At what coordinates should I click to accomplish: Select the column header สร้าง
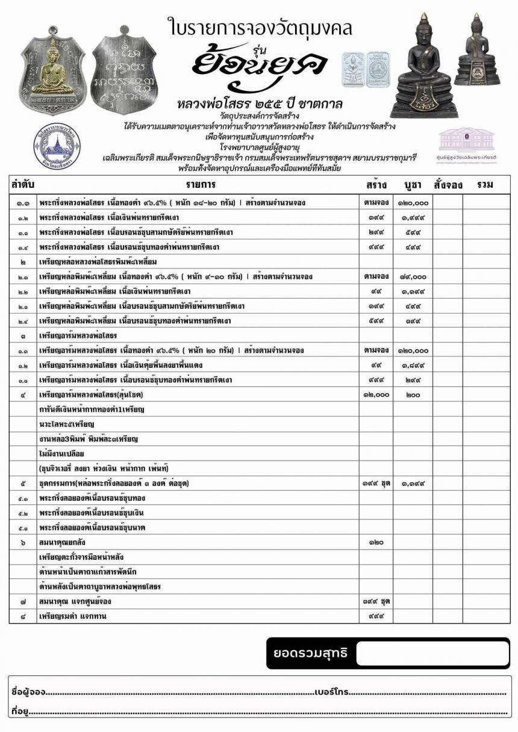[376, 185]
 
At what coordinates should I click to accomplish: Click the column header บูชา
[413, 185]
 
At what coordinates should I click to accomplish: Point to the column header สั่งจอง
[448, 185]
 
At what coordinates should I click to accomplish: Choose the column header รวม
[485, 185]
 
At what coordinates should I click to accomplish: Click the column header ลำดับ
[22, 185]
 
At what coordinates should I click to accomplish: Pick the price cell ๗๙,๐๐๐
[413, 277]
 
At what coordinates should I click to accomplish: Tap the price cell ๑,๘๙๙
[413, 365]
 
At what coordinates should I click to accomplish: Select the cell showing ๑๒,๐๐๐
[376, 395]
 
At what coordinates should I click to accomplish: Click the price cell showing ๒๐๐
[413, 395]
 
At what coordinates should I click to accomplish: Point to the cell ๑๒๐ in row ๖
[376, 542]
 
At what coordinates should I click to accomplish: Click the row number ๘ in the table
[22, 616]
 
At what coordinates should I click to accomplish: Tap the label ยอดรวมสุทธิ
[310, 653]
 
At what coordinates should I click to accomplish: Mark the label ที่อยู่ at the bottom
[20, 712]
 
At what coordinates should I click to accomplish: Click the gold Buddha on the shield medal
[52, 67]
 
